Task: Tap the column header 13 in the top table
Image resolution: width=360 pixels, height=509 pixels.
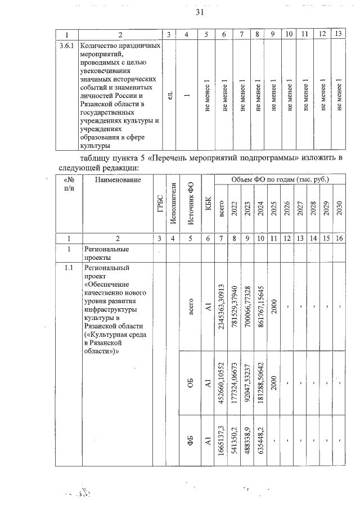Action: [x=339, y=34]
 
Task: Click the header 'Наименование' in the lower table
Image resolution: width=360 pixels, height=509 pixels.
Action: [x=118, y=180]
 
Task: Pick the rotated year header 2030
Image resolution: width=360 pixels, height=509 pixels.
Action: [x=339, y=209]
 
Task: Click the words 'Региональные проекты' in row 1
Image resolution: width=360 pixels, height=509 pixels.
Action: [x=106, y=253]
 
